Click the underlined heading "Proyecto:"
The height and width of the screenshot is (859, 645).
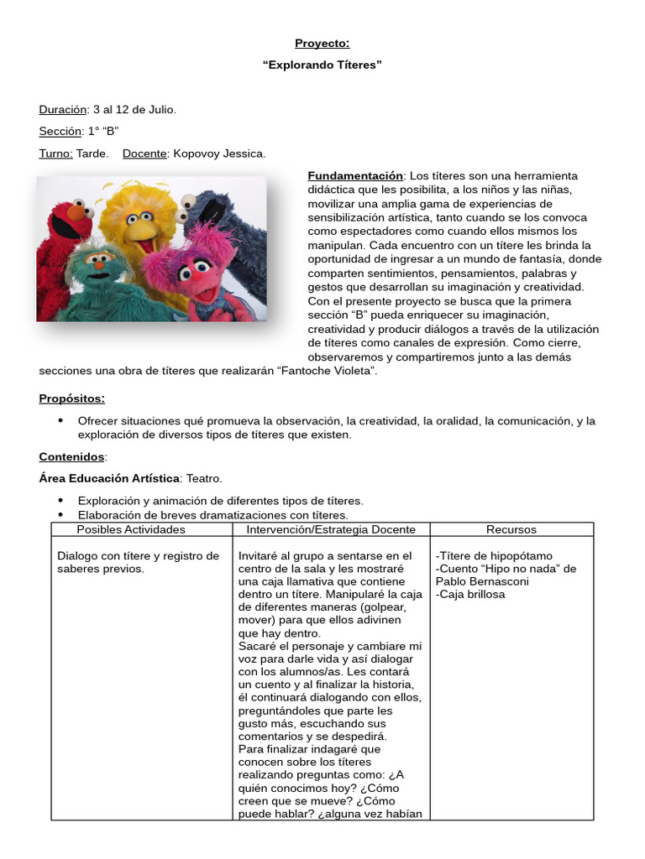[x=322, y=43]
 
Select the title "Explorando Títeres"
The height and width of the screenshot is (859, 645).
[x=322, y=65]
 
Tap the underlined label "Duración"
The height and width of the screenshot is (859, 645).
[x=63, y=109]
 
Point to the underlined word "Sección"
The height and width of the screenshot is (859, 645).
[x=60, y=131]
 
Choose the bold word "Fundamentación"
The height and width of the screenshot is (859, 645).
[x=355, y=176]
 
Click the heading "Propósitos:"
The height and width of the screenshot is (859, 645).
[x=72, y=398]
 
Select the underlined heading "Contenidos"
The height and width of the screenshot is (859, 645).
[x=72, y=456]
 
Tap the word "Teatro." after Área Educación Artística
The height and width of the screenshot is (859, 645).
[x=204, y=478]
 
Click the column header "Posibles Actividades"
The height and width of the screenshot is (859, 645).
[x=131, y=529]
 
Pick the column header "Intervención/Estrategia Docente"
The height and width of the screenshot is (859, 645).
[x=331, y=529]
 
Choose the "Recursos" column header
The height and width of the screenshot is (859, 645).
[x=511, y=529]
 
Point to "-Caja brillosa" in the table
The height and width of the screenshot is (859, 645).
[x=471, y=594]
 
